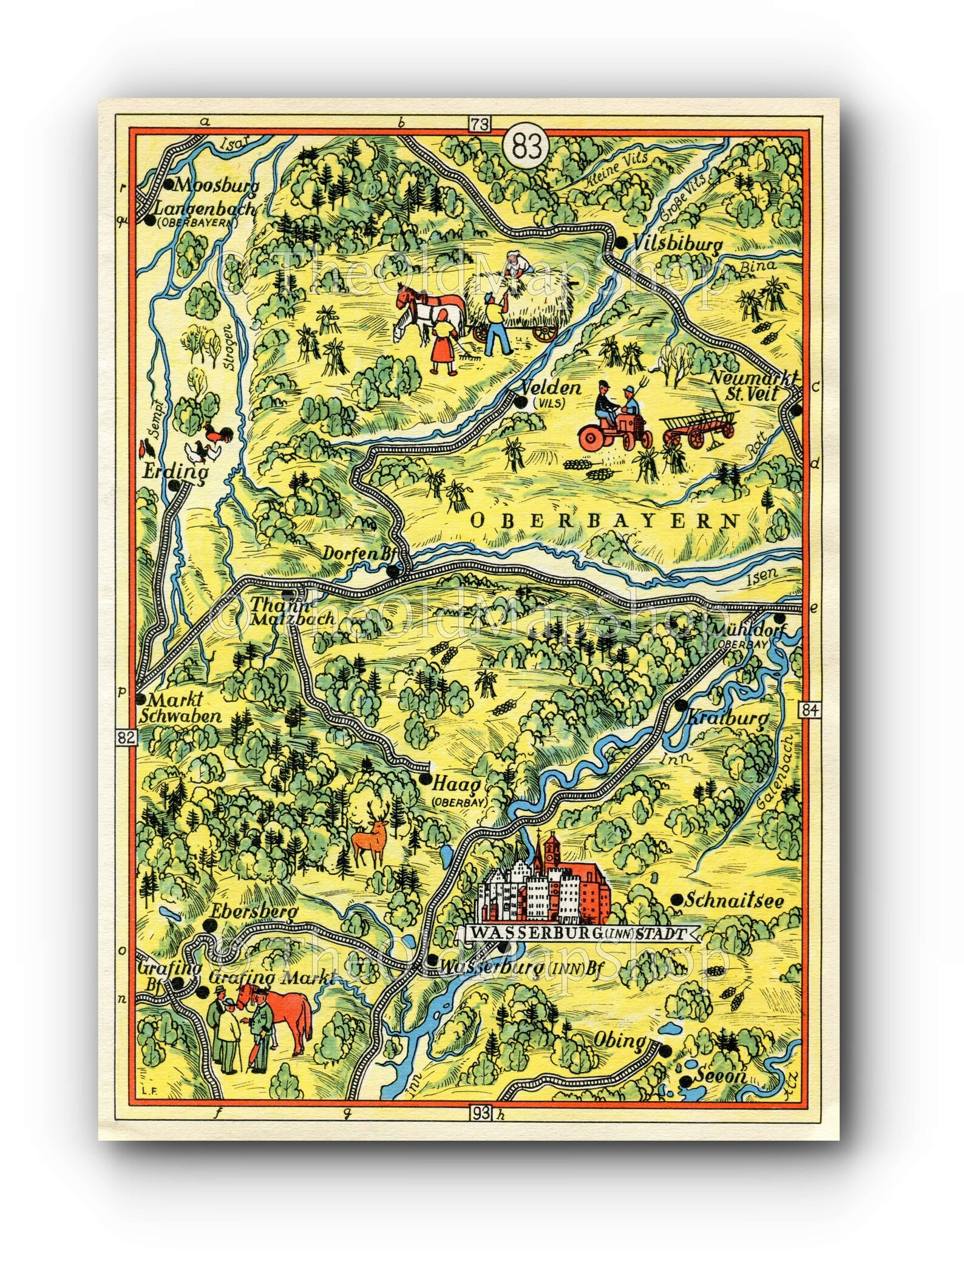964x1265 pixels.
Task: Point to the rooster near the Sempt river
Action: [215, 432]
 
